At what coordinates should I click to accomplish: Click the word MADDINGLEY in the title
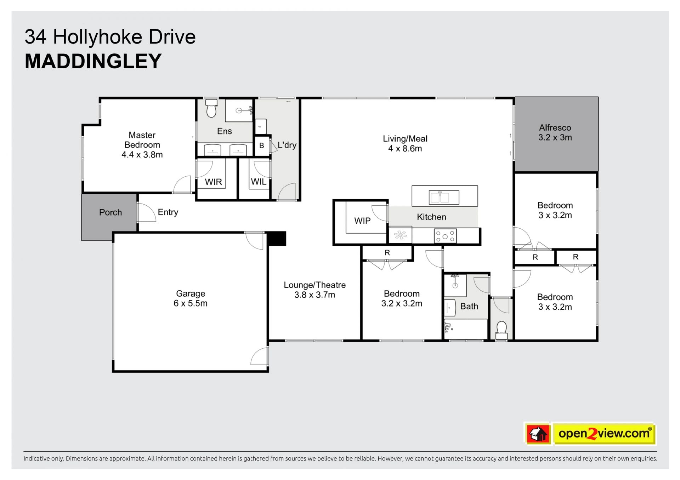[x=93, y=61]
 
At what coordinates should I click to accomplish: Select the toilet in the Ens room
[x=211, y=108]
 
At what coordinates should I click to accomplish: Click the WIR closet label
[x=214, y=182]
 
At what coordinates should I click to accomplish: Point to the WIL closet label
[x=259, y=182]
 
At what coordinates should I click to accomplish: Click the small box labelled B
[x=262, y=145]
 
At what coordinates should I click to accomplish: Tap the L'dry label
[x=287, y=145]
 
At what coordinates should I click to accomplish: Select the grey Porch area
[x=109, y=217]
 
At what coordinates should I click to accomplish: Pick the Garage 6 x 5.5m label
[x=191, y=298]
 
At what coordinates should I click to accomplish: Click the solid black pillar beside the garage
[x=276, y=238]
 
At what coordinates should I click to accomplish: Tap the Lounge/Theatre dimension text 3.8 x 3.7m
[x=315, y=295]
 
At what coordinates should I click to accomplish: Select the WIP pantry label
[x=362, y=221]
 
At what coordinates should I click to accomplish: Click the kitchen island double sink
[x=444, y=197]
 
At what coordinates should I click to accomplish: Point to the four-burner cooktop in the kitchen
[x=445, y=236]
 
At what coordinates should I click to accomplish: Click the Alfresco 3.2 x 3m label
[x=555, y=132]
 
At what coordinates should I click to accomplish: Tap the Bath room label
[x=469, y=306]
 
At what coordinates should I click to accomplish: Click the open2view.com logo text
[x=604, y=433]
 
